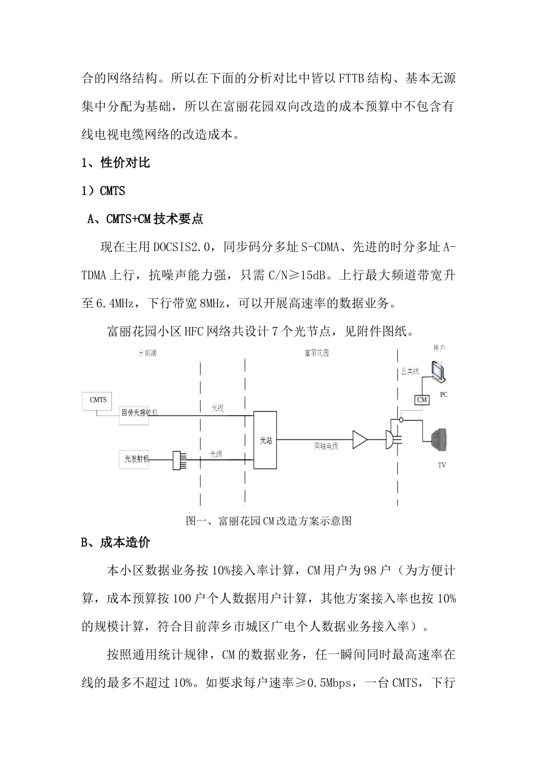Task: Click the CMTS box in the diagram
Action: point(98,400)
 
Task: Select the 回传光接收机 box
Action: point(139,413)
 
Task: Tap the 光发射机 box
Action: point(136,459)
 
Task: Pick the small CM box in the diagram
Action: point(422,400)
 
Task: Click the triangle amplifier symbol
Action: point(360,440)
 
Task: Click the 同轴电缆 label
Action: point(326,446)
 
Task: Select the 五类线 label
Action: point(410,372)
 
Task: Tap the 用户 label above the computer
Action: point(439,348)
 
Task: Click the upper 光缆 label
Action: point(217,408)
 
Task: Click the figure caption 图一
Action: point(268,521)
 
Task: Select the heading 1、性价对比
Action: point(115,163)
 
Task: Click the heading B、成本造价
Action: point(115,543)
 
